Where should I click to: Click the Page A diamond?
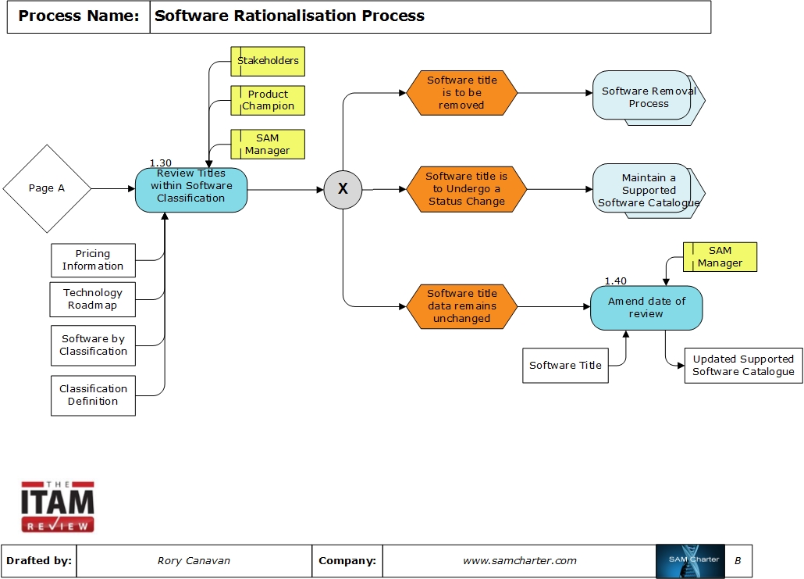[47, 188]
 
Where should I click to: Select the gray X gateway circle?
[343, 189]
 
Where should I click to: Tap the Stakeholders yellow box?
[268, 61]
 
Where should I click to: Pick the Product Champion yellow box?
[268, 100]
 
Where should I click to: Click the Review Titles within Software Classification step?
[191, 189]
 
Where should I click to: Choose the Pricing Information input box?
[93, 260]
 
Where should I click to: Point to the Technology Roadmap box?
[93, 299]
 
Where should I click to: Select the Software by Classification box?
[93, 345]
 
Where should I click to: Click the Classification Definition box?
[93, 395]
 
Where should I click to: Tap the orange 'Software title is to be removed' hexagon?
[461, 93]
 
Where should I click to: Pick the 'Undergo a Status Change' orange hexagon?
[466, 189]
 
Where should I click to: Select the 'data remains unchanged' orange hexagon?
[461, 306]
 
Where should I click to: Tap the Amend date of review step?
[646, 308]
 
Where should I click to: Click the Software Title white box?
[565, 366]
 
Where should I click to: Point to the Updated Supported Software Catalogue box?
[743, 366]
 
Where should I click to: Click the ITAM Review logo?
[58, 507]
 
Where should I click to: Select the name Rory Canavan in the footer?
[194, 561]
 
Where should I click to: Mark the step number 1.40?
[615, 281]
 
